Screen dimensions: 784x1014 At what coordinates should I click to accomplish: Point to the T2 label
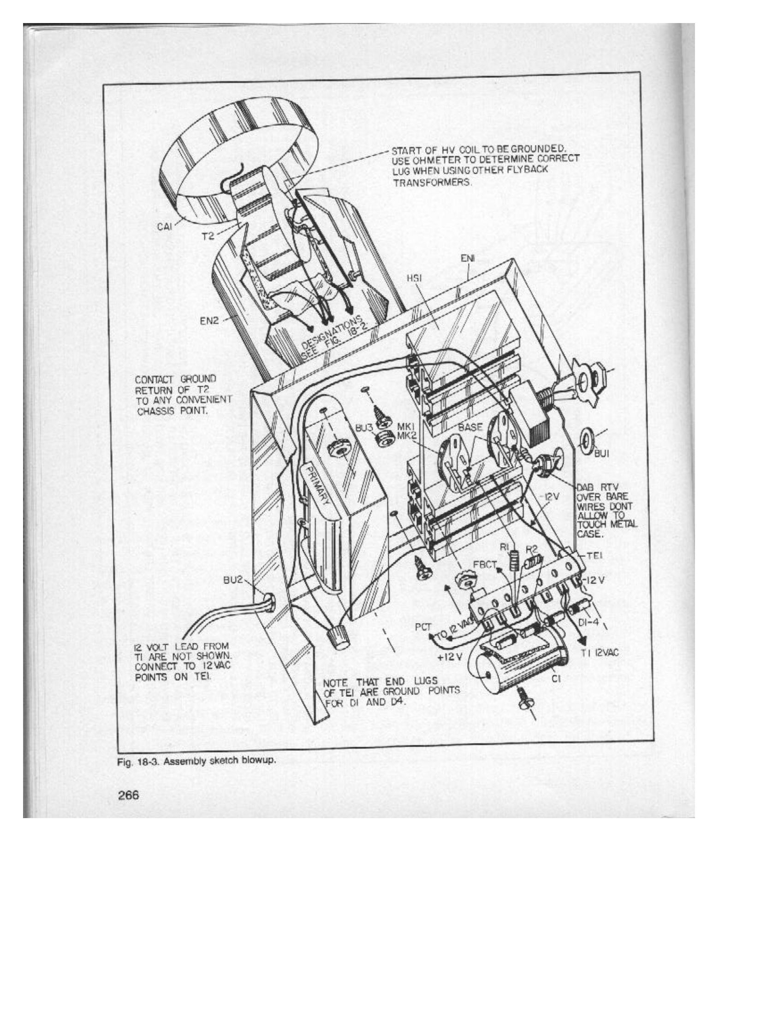click(x=208, y=236)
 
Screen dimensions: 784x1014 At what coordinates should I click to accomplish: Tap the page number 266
click(x=129, y=795)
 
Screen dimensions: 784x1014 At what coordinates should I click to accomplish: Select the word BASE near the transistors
click(x=470, y=427)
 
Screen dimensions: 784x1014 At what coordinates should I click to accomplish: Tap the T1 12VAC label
click(x=600, y=653)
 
